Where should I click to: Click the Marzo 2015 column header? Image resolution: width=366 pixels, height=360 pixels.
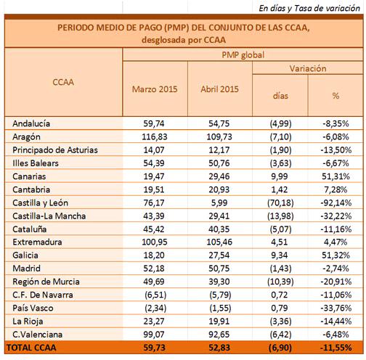155,89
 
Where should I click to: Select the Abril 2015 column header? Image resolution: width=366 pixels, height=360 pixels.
219,89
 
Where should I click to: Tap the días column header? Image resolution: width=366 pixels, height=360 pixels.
280,96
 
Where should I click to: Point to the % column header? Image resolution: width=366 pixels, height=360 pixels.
335,96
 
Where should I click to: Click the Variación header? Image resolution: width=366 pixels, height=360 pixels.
308,68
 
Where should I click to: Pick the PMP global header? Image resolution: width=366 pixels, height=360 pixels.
243,55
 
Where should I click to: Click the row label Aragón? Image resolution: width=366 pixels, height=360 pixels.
26,137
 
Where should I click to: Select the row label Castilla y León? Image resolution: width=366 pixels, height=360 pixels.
40,202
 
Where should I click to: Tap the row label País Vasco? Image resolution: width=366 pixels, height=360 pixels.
33,308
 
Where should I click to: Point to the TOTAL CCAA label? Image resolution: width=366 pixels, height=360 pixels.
31,348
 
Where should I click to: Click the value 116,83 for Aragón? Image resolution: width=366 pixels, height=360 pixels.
155,137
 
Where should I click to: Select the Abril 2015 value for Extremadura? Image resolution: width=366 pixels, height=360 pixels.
219,242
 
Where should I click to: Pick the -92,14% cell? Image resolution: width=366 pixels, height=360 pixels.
336,202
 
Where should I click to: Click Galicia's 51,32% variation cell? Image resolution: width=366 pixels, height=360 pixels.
335,255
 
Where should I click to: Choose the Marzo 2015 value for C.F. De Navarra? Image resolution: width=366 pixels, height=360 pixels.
155,295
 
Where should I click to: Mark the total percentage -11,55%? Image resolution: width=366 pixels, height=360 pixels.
336,348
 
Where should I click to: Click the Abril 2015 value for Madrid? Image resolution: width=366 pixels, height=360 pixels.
219,269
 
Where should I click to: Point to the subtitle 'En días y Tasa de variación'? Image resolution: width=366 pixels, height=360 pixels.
309,8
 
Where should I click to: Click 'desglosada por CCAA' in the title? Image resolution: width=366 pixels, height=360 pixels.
184,40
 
